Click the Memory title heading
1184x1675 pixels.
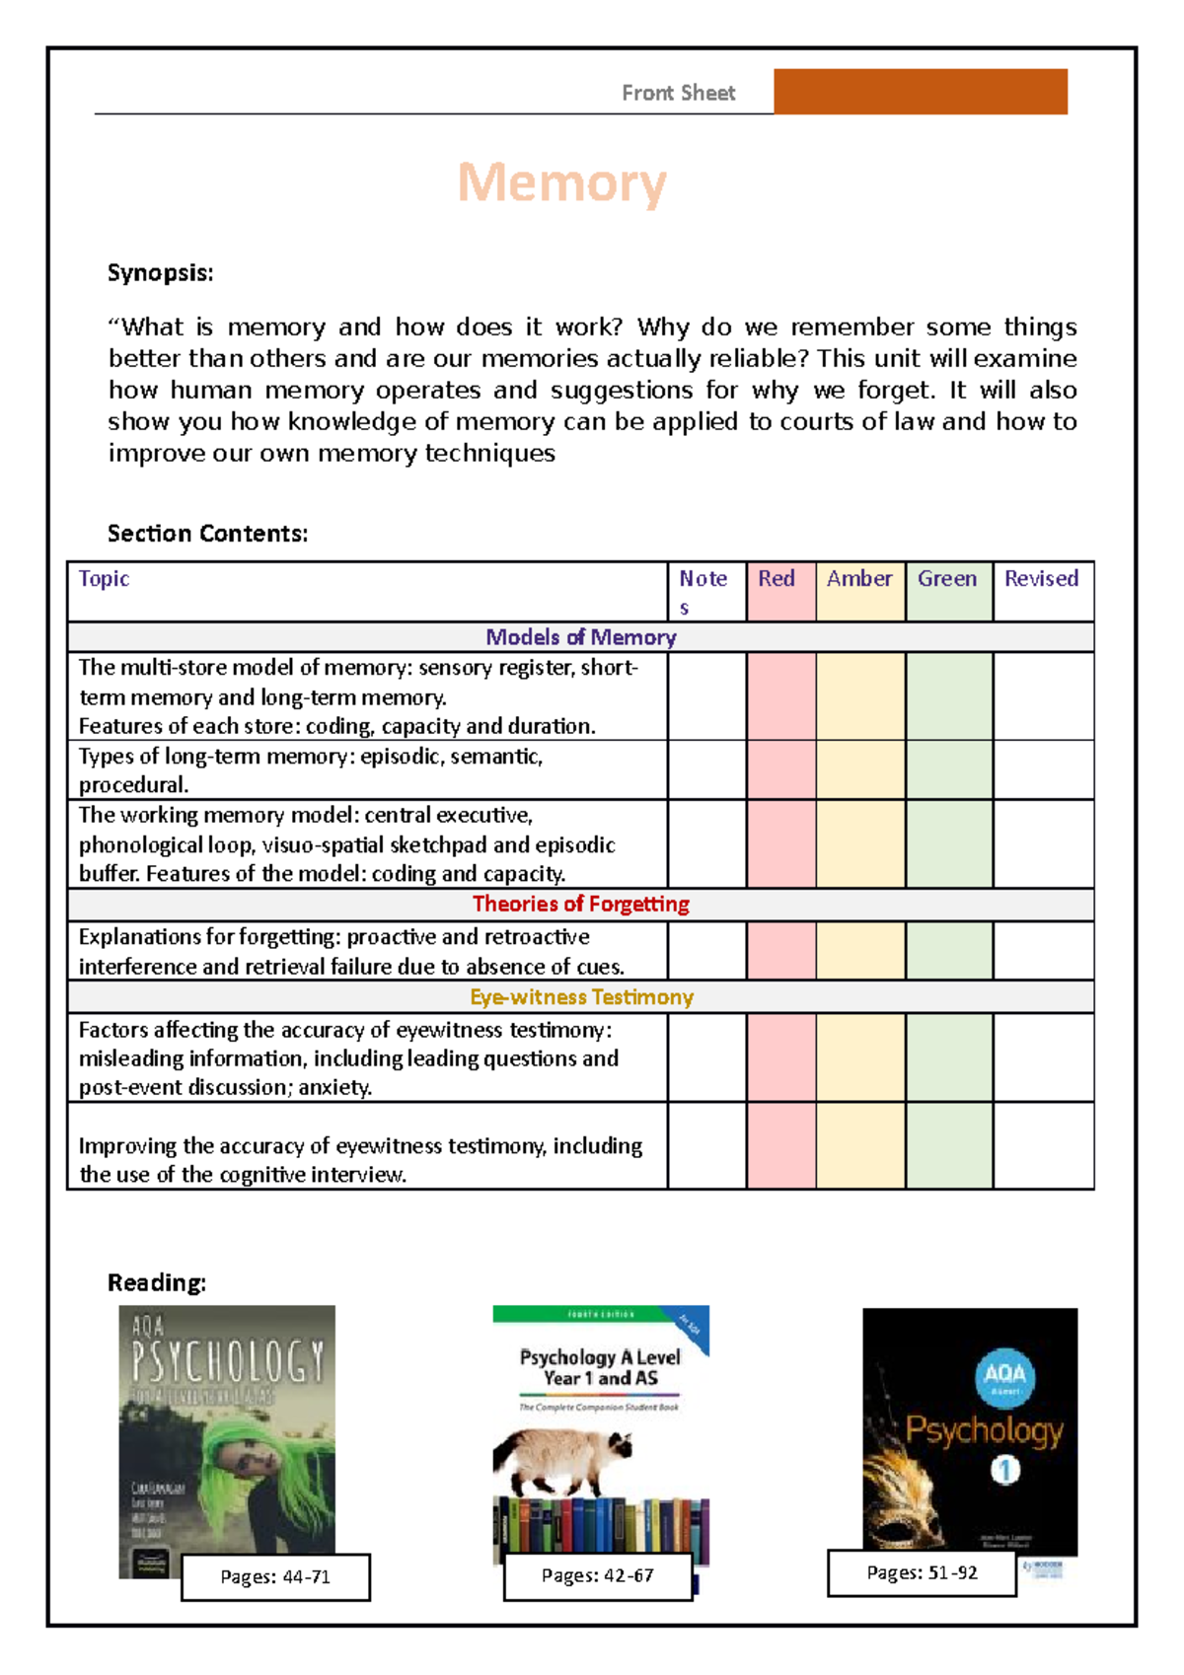click(561, 183)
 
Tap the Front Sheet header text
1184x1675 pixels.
click(678, 93)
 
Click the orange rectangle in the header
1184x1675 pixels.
click(920, 92)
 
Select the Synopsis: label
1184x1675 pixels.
click(160, 273)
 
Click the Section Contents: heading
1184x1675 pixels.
click(207, 534)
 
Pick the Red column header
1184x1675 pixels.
click(777, 579)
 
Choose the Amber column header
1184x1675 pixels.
click(859, 579)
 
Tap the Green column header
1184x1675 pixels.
click(947, 579)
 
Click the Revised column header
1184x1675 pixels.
click(1041, 579)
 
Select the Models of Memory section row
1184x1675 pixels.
click(580, 637)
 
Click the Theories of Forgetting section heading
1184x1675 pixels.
click(580, 904)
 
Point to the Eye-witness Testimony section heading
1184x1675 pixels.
click(580, 996)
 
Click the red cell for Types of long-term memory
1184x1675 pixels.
click(780, 769)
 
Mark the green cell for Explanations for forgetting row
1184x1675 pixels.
click(948, 950)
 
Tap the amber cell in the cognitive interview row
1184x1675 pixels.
click(859, 1145)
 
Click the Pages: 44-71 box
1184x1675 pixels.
click(275, 1576)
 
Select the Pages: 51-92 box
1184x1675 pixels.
click(922, 1572)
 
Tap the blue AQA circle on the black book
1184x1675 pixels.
click(1004, 1375)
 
